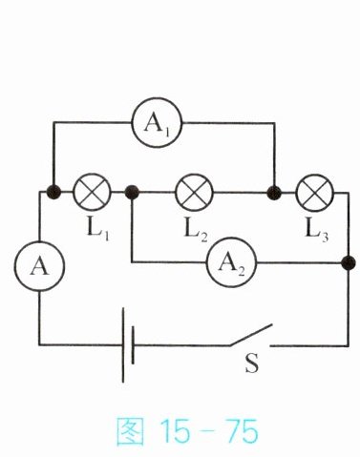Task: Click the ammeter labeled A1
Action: tap(157, 123)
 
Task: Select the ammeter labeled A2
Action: tap(231, 262)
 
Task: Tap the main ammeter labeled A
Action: tap(39, 266)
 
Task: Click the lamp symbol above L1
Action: tap(92, 192)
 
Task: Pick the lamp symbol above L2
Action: tap(194, 193)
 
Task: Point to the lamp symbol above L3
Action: tap(315, 193)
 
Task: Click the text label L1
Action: tap(98, 230)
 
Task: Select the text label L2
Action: tap(196, 231)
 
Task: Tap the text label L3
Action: tap(317, 231)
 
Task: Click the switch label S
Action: tap(252, 364)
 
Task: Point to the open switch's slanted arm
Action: tap(251, 335)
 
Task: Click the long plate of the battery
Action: tap(123, 344)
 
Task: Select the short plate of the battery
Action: tap(133, 344)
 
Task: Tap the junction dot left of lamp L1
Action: tap(53, 192)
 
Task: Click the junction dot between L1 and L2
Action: tap(132, 192)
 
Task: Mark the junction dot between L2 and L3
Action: tap(274, 193)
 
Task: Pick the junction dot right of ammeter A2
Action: tap(349, 263)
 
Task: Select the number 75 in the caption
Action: tap(242, 431)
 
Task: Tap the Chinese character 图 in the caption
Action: tap(130, 431)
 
